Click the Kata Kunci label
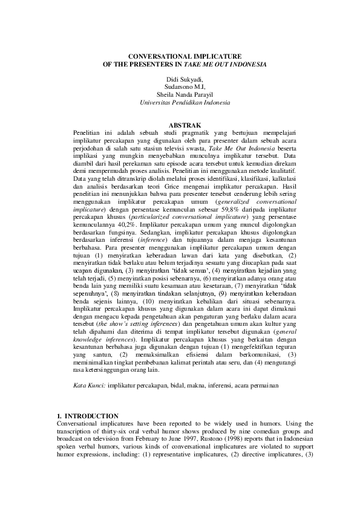pyautogui.click(x=88, y=384)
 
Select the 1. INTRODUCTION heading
pyautogui.click(x=87, y=417)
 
